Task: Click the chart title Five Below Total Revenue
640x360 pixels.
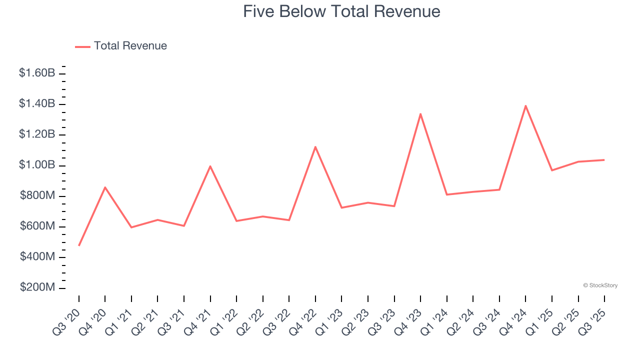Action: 341,11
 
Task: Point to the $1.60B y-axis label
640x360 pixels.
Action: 37,73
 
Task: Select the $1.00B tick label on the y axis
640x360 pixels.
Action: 37,165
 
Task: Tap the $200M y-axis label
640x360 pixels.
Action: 37,288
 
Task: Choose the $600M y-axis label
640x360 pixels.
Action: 37,226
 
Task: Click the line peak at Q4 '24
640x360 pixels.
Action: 525,105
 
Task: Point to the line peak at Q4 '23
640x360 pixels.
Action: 420,113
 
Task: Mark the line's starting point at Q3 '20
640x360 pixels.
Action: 79,245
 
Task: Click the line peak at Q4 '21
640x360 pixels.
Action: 210,166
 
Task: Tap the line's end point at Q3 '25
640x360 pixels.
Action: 604,160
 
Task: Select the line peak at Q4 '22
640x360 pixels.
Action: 315,146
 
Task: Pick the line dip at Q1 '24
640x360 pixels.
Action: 446,194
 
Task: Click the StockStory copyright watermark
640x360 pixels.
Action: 600,285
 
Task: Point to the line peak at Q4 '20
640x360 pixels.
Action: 105,187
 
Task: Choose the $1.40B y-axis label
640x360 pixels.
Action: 37,104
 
